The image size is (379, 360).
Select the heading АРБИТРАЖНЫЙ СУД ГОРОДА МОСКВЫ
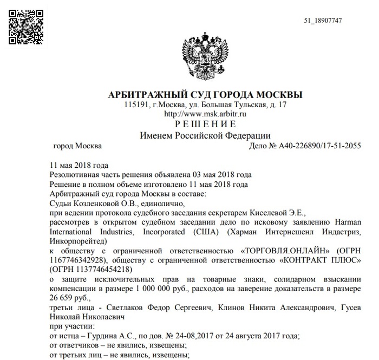point(205,95)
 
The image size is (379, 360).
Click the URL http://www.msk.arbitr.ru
point(205,114)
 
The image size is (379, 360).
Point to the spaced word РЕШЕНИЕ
point(205,125)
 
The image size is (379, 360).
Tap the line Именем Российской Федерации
point(205,135)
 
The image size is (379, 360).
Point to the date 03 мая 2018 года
point(223,175)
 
